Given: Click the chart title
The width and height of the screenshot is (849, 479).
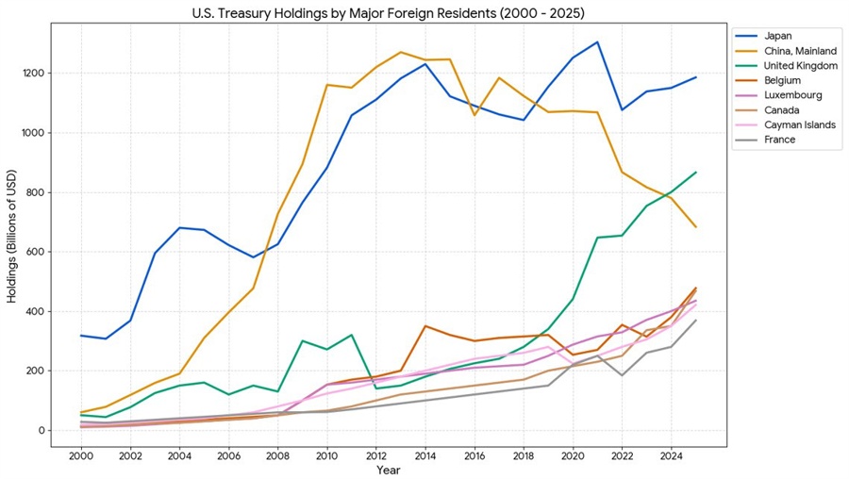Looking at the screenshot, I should coord(388,12).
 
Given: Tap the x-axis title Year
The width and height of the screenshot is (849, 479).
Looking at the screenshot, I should coord(388,470).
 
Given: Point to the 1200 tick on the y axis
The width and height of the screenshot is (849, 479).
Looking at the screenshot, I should coord(35,73).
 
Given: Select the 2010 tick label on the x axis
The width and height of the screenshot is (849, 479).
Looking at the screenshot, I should coord(326,454).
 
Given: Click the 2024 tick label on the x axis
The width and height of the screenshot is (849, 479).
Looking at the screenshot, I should coord(671,454).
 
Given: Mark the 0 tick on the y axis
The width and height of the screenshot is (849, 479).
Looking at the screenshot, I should coord(42,430).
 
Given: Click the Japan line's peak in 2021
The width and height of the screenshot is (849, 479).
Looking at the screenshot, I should coord(597,41).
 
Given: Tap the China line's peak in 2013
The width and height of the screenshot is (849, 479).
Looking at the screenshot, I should coord(400,52).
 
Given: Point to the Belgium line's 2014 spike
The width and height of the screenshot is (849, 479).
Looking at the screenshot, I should coord(425,326).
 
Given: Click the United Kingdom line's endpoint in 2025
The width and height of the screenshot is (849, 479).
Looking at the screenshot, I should coord(695,173).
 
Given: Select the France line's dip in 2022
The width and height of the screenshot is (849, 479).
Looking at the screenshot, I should coord(622,375).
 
